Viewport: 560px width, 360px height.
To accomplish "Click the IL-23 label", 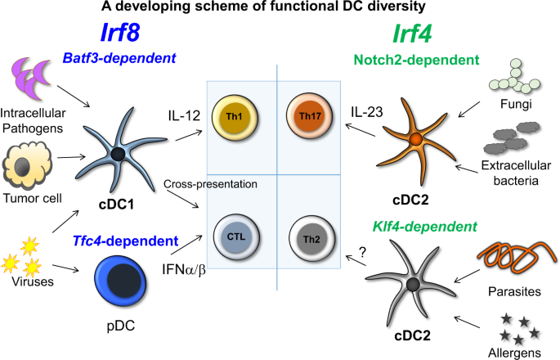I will pos(366,110).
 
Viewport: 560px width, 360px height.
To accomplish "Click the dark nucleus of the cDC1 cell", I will pos(119,154).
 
